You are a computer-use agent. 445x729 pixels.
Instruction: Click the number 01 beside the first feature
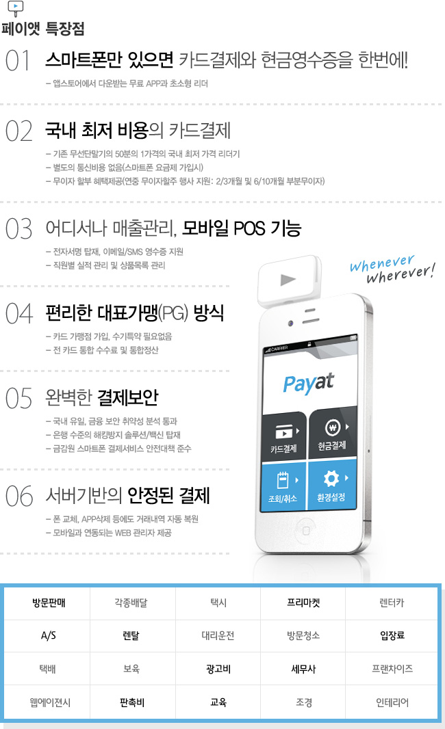coord(17,60)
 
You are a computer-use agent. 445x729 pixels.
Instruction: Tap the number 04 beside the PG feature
coord(19,313)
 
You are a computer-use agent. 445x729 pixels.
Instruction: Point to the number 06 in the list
coord(19,496)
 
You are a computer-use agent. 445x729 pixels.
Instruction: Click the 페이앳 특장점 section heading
coord(43,29)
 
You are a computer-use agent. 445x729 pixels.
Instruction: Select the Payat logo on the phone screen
coord(309,383)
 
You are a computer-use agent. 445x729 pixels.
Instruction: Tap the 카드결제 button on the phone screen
coord(284,437)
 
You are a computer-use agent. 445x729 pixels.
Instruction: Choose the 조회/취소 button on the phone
coord(283,486)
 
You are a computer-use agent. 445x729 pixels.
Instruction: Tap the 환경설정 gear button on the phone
coord(332,485)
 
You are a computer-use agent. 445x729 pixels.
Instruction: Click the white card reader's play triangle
coord(288,280)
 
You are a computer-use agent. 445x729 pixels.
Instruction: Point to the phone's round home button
coord(306,531)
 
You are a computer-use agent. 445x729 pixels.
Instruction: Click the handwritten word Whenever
coord(382,263)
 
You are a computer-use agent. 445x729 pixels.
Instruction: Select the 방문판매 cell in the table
coord(49,603)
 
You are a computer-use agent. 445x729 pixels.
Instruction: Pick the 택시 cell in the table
coord(218,603)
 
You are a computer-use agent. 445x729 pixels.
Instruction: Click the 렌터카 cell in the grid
coord(392,603)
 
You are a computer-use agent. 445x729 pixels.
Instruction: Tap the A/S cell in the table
coord(49,635)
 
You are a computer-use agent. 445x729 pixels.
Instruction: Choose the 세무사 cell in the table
coord(303,669)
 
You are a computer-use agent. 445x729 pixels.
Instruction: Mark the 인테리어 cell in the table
coord(392,702)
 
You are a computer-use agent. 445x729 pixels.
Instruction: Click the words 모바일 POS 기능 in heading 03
coord(242,228)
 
